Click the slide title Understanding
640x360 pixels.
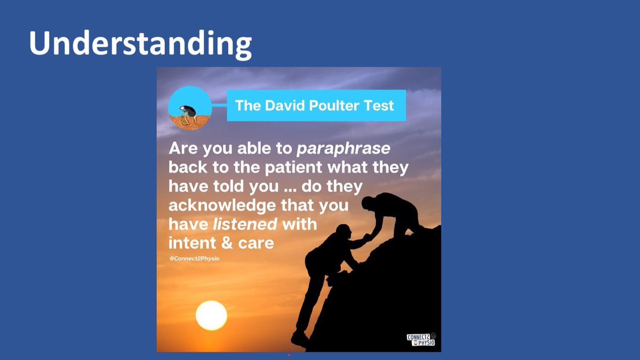140,43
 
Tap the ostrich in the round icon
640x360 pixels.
188,115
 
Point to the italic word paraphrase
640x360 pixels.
343,149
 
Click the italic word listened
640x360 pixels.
245,224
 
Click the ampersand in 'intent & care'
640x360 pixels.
227,243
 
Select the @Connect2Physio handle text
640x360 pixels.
194,259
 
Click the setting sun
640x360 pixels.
211,315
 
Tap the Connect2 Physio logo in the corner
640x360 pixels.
421,339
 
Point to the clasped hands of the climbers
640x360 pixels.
369,237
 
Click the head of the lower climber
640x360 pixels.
343,231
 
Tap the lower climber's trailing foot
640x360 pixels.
299,339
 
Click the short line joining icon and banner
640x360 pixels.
219,105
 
